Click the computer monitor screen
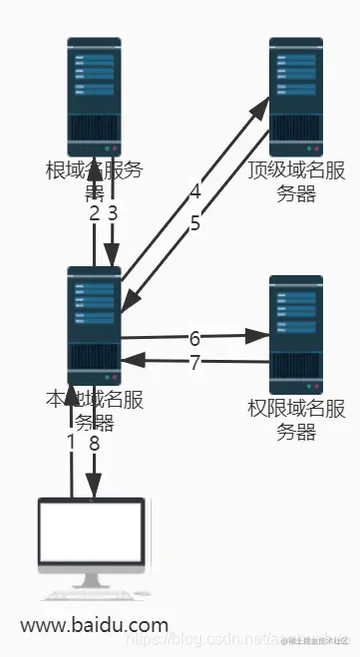pos(91,533)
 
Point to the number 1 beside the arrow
pos(71,441)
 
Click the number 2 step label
pos(94,213)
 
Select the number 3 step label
pos(113,213)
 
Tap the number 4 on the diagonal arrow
pos(195,190)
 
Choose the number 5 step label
pos(194,223)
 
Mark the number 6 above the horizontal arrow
pos(194,338)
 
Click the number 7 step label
pos(194,363)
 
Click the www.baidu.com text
pos(94,625)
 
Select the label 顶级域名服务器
pos(296,180)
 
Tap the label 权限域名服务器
pos(296,419)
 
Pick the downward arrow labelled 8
pos(94,469)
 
